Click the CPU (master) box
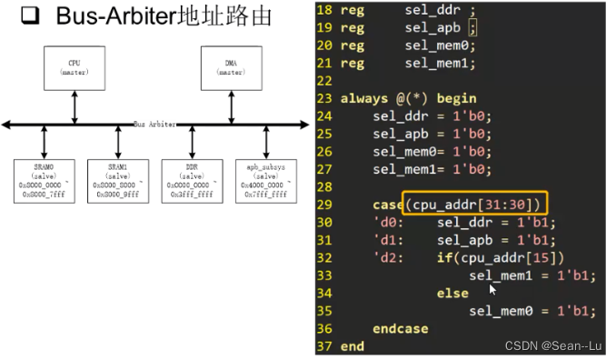(x=75, y=67)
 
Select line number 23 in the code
(x=325, y=98)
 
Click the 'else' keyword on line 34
(x=452, y=294)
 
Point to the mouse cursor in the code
(x=493, y=289)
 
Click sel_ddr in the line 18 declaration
(x=431, y=11)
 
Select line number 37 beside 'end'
(x=325, y=346)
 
